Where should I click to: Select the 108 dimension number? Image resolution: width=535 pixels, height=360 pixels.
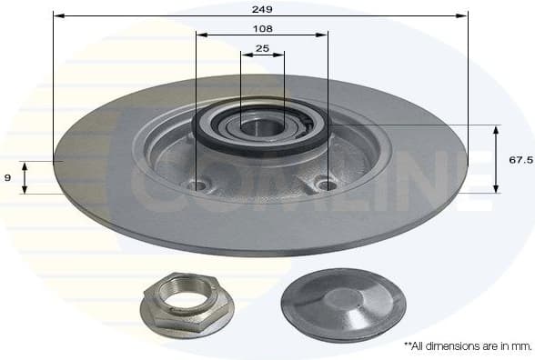(262, 28)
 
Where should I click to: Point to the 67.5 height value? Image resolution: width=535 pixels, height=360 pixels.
(520, 159)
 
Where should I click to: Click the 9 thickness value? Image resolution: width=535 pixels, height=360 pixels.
(7, 177)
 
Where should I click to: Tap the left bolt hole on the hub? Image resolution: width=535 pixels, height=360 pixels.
(196, 185)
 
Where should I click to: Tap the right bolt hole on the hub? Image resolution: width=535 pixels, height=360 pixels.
(326, 185)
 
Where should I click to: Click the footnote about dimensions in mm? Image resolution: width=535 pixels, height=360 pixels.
(466, 346)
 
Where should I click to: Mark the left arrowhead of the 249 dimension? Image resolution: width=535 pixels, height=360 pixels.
(57, 15)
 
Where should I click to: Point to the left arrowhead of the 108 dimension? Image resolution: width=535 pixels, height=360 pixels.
(200, 35)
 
